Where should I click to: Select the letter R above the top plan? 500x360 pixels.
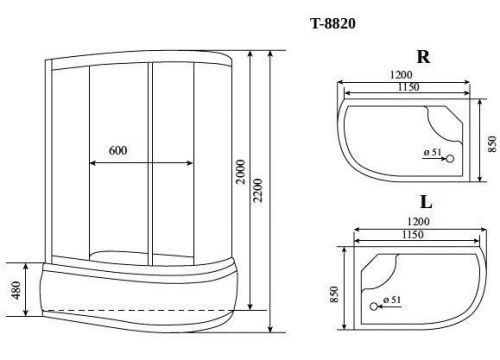pyautogui.click(x=423, y=57)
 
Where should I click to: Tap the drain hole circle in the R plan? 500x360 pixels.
pyautogui.click(x=448, y=158)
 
